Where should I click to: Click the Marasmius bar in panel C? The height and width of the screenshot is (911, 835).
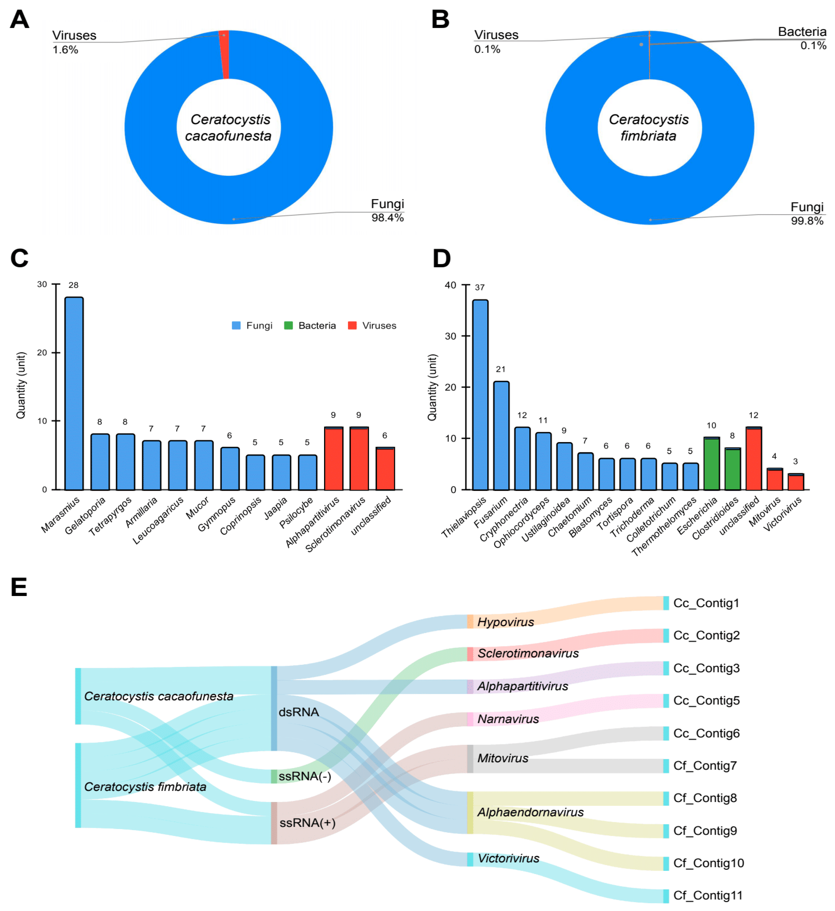pos(74,393)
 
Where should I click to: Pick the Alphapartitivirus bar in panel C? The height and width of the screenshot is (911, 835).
pos(334,459)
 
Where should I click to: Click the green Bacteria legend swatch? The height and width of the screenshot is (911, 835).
pos(288,326)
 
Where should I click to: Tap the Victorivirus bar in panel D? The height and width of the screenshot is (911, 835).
pos(796,482)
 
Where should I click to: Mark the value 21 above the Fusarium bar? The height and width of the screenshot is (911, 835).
pos(500,369)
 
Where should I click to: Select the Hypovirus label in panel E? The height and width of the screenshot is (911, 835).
pos(505,622)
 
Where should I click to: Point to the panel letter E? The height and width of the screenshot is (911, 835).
pos(19,588)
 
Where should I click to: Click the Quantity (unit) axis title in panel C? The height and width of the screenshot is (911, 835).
pos(21,386)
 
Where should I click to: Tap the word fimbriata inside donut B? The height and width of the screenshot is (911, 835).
pos(648,136)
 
